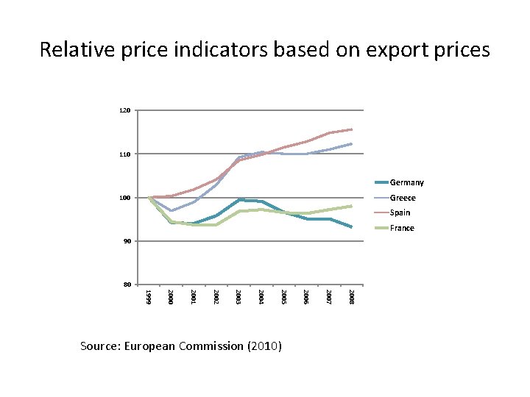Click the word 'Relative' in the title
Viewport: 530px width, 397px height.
click(77, 49)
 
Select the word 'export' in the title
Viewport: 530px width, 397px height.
click(397, 51)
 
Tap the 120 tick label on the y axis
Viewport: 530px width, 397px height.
click(124, 110)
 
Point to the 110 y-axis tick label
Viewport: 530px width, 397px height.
click(124, 154)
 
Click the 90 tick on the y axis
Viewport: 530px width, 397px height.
click(127, 241)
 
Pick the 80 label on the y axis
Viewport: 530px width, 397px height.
click(127, 285)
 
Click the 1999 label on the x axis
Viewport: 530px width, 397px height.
click(148, 297)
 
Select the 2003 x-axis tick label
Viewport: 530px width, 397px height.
click(239, 297)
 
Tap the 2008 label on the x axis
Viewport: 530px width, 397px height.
click(351, 297)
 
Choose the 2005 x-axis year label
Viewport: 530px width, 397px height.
click(283, 297)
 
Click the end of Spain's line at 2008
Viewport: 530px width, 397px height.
click(352, 129)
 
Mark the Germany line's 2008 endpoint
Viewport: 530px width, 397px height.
click(352, 227)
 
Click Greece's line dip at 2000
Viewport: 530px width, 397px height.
click(172, 211)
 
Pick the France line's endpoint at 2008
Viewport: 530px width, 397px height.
click(352, 206)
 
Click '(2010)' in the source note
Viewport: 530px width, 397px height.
click(265, 346)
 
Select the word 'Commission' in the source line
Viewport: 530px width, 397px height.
click(211, 346)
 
